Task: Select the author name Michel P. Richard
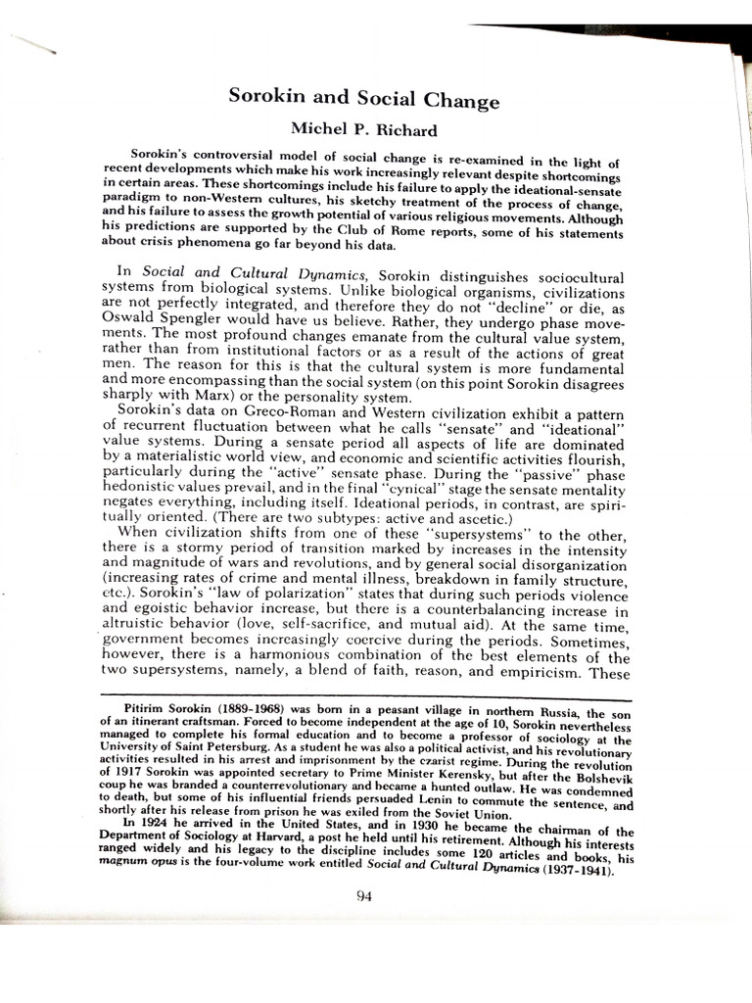pos(364,129)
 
